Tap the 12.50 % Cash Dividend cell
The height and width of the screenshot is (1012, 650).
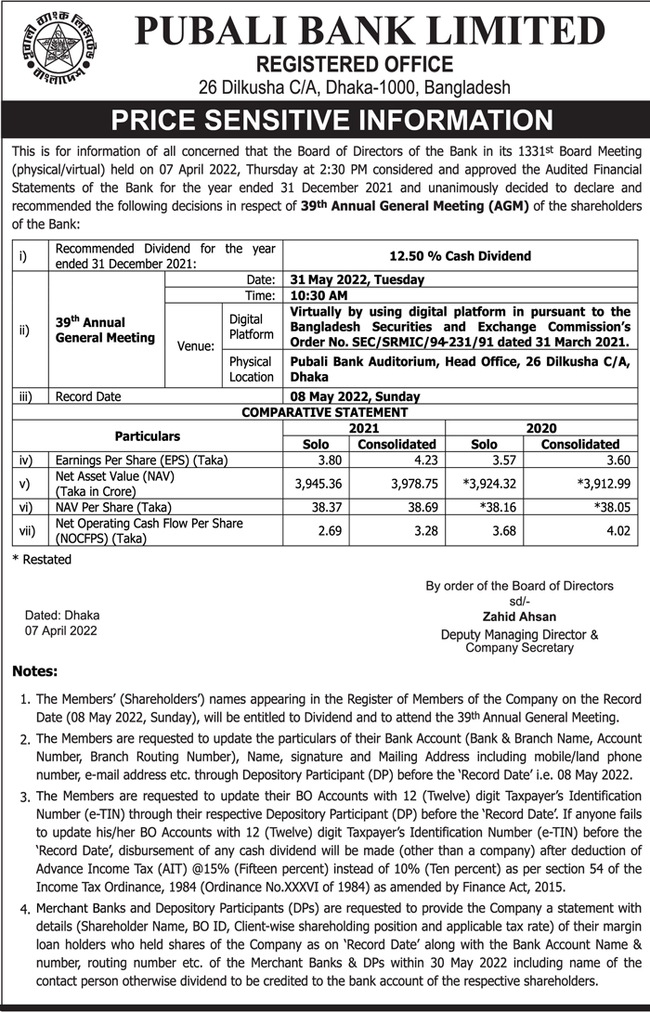click(460, 255)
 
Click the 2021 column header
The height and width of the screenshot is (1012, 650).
click(363, 428)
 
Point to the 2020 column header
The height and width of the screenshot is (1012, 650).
click(541, 428)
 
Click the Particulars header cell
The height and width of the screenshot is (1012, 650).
click(148, 435)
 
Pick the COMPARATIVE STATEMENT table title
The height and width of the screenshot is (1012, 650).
click(325, 411)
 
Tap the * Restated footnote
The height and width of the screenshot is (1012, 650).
click(42, 559)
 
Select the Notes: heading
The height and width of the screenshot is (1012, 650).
click(35, 670)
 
